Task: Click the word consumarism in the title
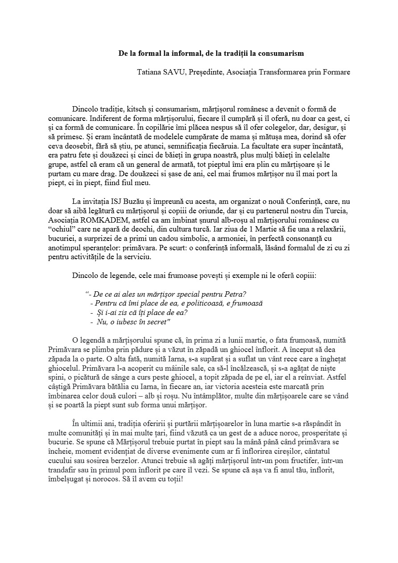click(x=283, y=54)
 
